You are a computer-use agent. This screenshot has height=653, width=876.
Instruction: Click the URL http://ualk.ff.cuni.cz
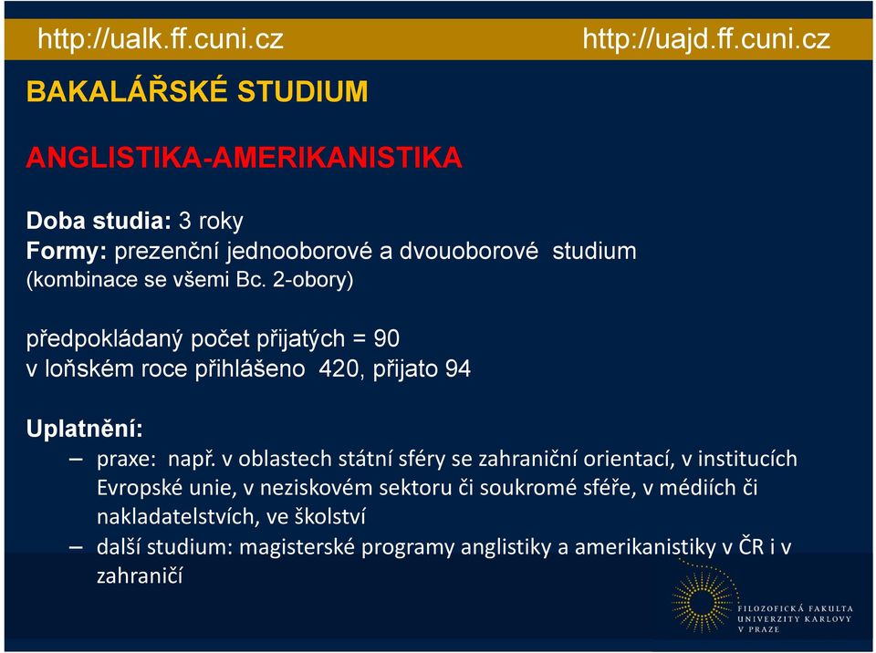[161, 39]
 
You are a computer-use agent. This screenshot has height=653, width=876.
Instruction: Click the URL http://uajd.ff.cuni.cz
[706, 39]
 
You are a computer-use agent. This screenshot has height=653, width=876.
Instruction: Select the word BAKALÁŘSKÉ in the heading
[128, 90]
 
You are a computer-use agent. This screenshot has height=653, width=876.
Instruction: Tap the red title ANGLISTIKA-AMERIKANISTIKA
[245, 157]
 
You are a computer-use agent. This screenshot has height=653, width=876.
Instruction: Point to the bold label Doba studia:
[99, 221]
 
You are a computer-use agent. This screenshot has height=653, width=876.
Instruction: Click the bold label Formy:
[67, 252]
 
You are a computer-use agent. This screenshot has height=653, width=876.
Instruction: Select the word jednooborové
[299, 252]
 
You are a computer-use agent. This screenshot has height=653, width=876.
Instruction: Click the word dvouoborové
[468, 251]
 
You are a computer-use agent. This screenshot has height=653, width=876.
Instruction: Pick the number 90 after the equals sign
[387, 338]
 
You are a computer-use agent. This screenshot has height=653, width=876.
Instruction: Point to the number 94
[458, 368]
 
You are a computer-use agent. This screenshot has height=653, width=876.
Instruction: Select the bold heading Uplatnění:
[84, 429]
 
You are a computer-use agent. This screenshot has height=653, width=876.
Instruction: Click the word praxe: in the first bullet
[126, 459]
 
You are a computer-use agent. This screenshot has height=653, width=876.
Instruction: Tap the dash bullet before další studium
[76, 547]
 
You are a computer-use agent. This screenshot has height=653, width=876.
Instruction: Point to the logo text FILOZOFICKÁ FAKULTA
[796, 608]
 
